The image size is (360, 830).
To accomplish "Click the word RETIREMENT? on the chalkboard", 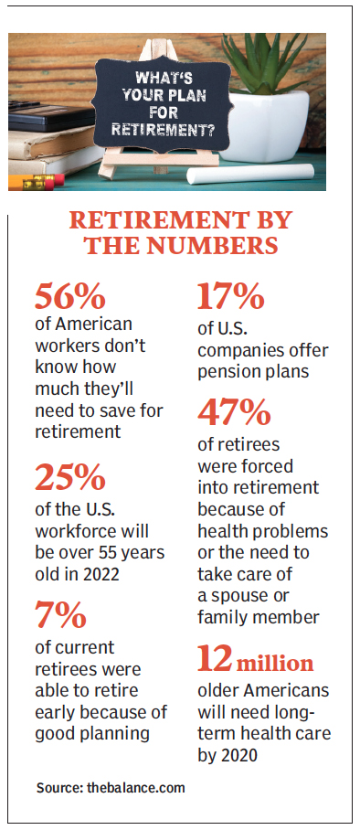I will pyautogui.click(x=171, y=130).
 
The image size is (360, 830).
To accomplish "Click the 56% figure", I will pyautogui.click(x=71, y=297).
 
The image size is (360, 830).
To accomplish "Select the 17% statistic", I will pyautogui.click(x=231, y=297).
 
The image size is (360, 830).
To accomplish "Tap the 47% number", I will pyautogui.click(x=235, y=414).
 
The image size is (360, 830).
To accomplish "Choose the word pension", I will pyautogui.click(x=228, y=372).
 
